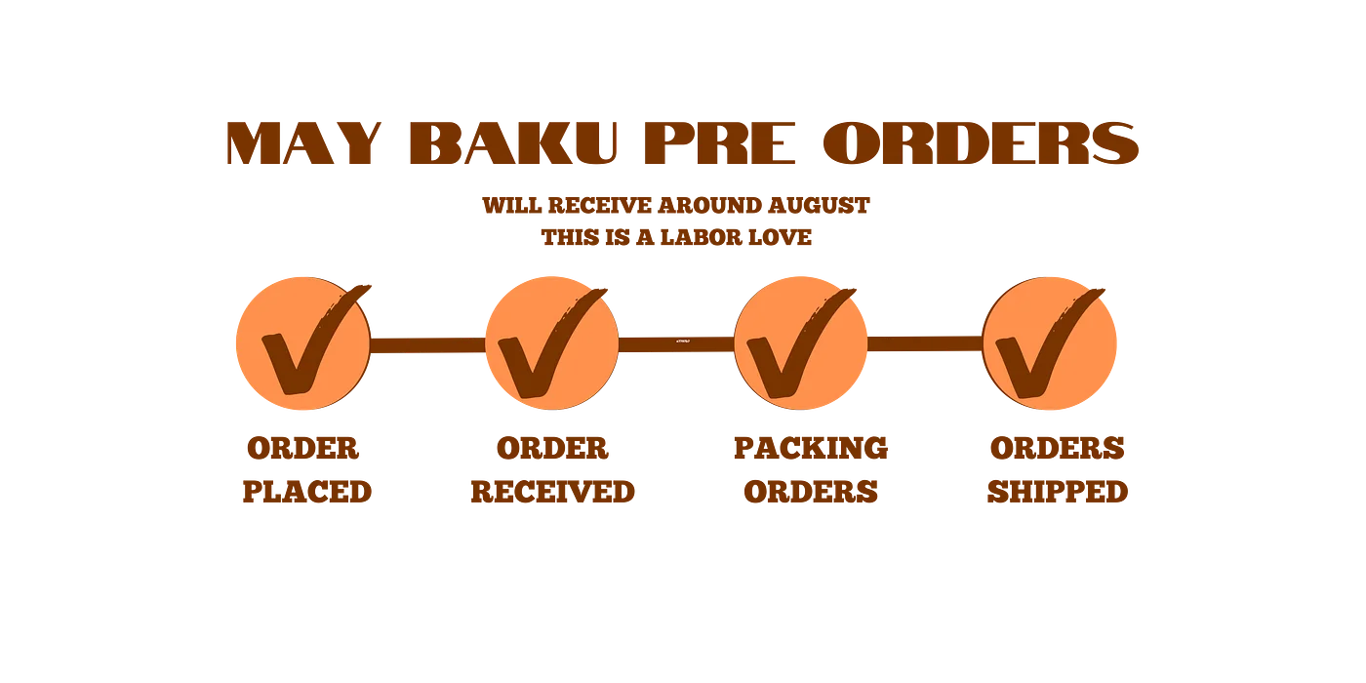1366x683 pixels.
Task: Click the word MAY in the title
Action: tap(303, 143)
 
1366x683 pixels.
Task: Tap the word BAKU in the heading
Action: tap(513, 143)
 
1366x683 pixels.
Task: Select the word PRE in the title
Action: tap(720, 143)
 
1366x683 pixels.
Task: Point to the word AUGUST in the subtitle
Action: tap(819, 206)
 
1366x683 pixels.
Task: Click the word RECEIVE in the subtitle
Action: tap(600, 206)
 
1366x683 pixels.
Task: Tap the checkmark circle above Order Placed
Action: tap(303, 343)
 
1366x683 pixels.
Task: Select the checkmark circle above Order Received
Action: tap(552, 343)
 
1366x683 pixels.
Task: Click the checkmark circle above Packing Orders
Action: tap(801, 343)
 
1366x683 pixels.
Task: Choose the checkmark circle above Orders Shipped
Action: tap(1050, 343)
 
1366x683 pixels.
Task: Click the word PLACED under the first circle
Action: tap(307, 492)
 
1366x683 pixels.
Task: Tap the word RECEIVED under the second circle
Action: tap(552, 492)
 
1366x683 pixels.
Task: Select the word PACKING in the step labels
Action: tap(811, 448)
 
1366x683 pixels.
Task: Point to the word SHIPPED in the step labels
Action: tap(1058, 492)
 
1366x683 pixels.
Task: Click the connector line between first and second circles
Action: tap(427, 345)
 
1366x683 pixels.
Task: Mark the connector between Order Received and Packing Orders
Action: tap(676, 344)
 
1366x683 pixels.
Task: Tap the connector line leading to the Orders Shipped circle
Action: tap(925, 343)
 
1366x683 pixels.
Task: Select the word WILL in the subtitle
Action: tap(511, 206)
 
